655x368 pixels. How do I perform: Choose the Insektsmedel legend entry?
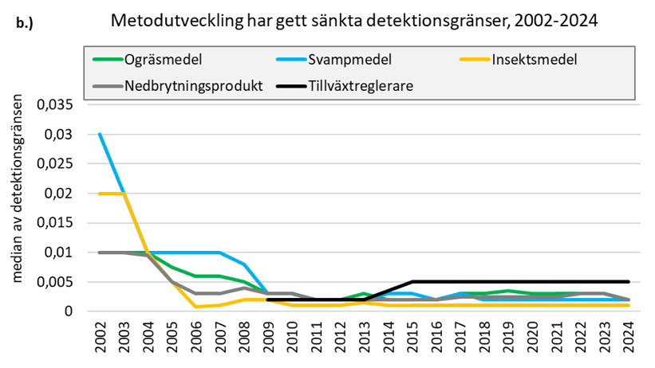534,59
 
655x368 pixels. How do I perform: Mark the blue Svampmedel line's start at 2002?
100,134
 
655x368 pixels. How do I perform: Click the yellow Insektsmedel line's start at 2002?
100,194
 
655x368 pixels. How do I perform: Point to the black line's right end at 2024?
629,282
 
